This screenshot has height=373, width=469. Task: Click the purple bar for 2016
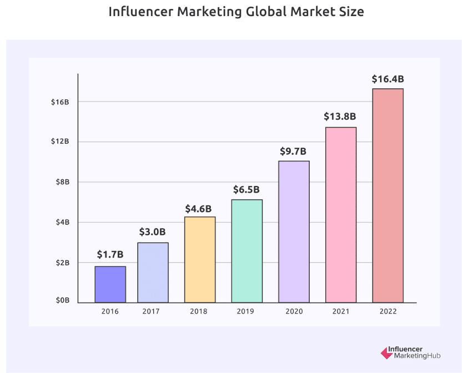(x=110, y=284)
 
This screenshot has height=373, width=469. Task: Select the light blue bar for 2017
(x=153, y=273)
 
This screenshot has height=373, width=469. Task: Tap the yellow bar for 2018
(x=200, y=259)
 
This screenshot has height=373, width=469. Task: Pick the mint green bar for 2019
(x=246, y=251)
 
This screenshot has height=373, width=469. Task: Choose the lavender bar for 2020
(x=294, y=231)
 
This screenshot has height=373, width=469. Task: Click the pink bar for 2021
(x=340, y=215)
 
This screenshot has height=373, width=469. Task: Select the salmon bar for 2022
(x=387, y=195)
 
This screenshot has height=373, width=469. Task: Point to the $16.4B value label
(x=387, y=79)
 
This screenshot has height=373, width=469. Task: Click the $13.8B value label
(x=340, y=117)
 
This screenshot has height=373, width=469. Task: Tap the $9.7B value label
(x=293, y=151)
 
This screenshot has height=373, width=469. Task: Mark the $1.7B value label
(x=110, y=255)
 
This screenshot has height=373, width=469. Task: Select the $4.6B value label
(x=199, y=209)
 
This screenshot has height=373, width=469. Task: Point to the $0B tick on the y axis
(x=62, y=300)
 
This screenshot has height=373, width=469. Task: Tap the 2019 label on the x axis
(x=246, y=311)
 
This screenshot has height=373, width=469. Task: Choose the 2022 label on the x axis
(x=387, y=311)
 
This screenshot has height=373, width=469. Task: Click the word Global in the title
(x=262, y=12)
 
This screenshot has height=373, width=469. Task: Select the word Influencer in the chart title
(x=140, y=12)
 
